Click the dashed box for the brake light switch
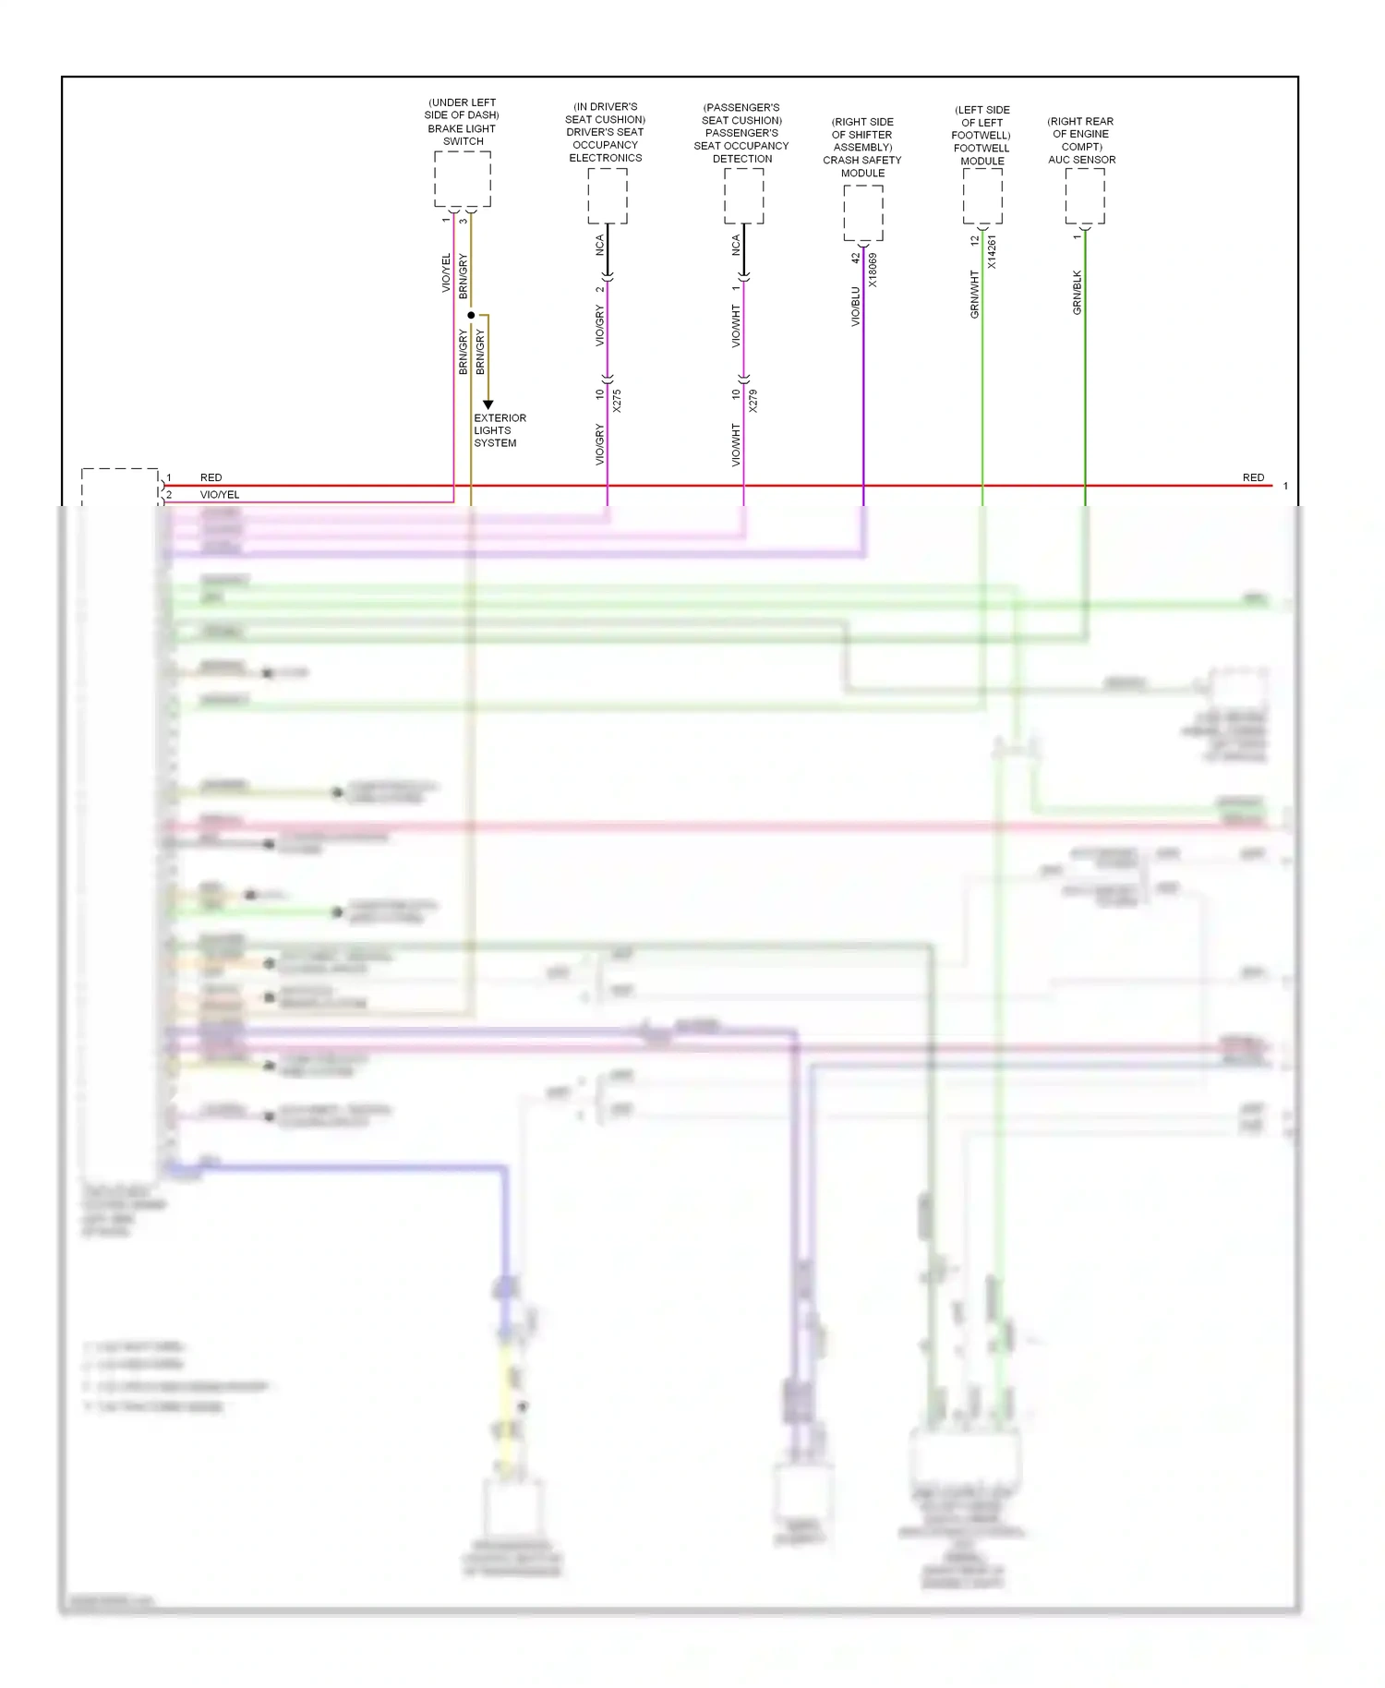(x=463, y=179)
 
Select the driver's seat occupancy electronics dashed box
(x=608, y=196)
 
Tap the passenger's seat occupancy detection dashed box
(x=743, y=196)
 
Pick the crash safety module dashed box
(x=863, y=212)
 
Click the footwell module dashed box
(x=982, y=196)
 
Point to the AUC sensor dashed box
(x=1085, y=196)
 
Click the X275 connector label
(x=617, y=401)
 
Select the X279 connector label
(x=753, y=401)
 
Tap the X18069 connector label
(x=873, y=270)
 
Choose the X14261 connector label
(x=993, y=251)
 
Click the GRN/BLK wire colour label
(x=1077, y=293)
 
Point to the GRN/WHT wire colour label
(x=974, y=295)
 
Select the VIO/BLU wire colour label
(x=855, y=306)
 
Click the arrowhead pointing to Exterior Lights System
(x=488, y=404)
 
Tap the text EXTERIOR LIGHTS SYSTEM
(x=500, y=430)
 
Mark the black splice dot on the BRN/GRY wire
(x=471, y=316)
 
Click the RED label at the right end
(x=1253, y=477)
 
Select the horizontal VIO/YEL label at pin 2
(x=220, y=495)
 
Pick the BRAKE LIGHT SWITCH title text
(x=462, y=135)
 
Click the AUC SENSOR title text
(x=1081, y=160)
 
